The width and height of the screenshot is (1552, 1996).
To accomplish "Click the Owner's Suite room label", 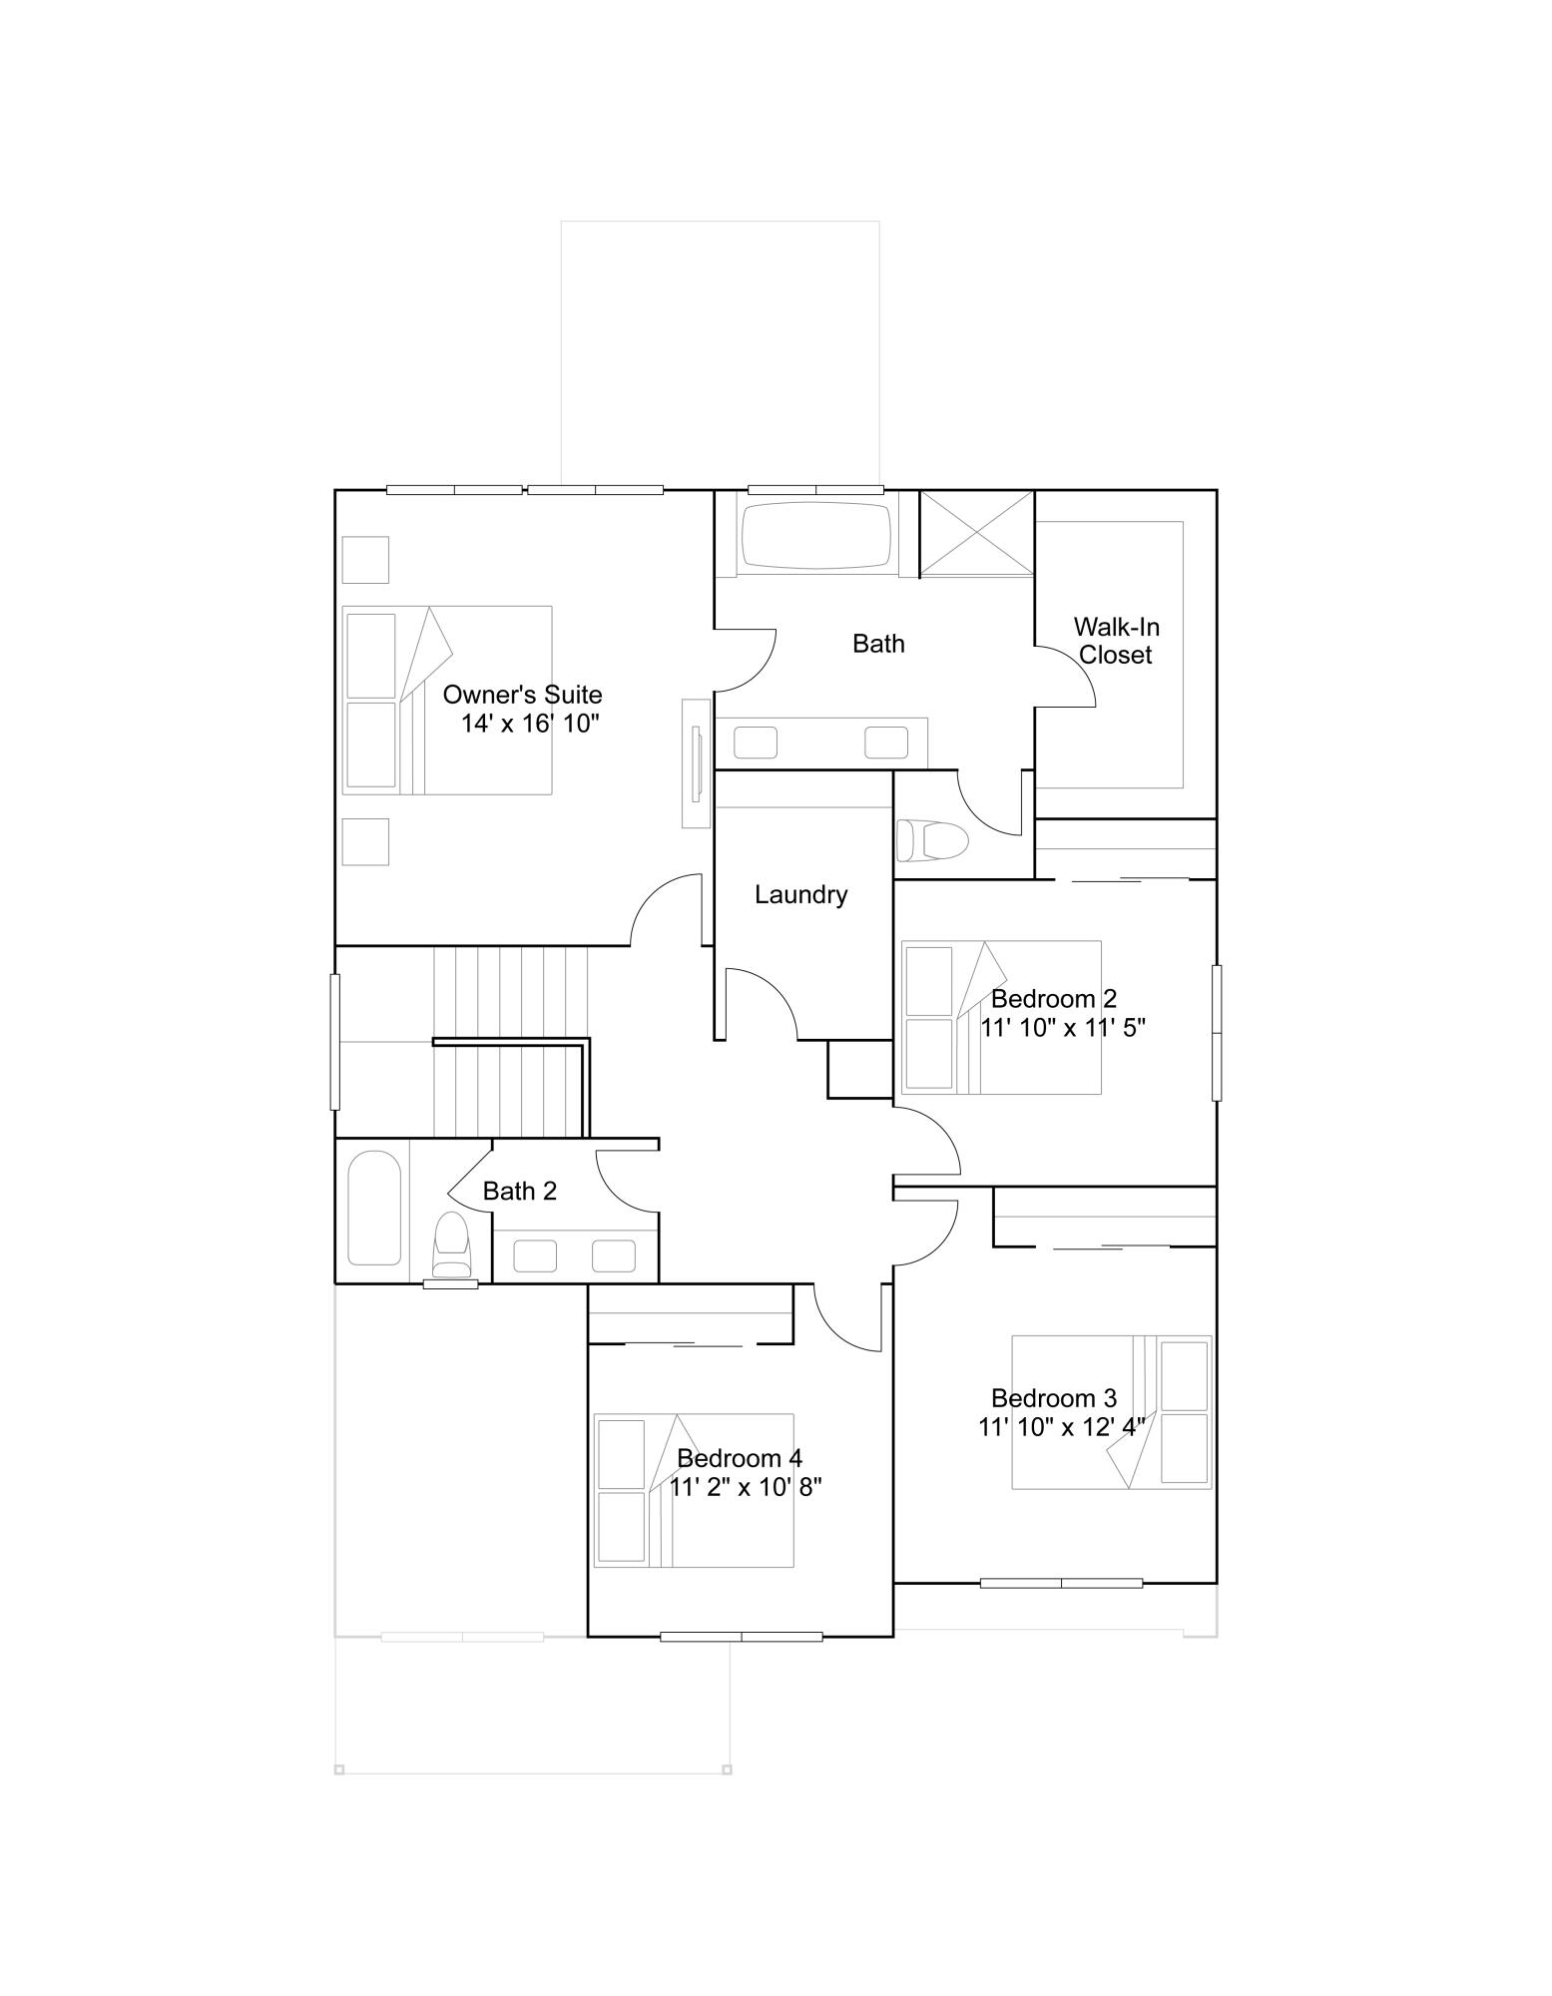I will (x=522, y=695).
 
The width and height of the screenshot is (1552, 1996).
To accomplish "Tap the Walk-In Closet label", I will (x=1116, y=641).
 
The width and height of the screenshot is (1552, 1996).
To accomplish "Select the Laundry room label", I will (x=800, y=895).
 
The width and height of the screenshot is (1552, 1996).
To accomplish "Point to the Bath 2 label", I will (x=519, y=1191).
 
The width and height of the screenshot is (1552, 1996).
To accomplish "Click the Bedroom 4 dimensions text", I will (x=745, y=1488).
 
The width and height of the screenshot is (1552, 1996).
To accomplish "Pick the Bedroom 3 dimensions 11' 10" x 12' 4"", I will (x=1061, y=1427).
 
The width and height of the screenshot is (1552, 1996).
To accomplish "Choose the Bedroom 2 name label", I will (x=1053, y=999).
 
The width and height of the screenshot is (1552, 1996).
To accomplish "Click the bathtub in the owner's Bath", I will (x=816, y=536).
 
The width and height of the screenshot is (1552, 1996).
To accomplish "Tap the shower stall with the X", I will (x=976, y=534).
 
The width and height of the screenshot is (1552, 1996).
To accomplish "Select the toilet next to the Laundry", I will (x=932, y=839).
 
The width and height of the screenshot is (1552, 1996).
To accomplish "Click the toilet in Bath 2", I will (x=451, y=1245).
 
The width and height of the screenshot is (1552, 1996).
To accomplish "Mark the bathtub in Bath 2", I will (x=374, y=1208).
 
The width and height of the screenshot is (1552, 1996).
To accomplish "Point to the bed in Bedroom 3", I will (x=1111, y=1412).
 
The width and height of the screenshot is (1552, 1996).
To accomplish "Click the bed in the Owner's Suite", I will (x=446, y=700).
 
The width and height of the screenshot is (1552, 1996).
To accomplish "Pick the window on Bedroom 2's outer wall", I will (x=1216, y=1032).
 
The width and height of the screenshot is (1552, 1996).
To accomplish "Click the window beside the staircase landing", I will (x=335, y=1041).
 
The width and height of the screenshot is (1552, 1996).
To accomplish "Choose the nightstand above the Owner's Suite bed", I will (x=365, y=559).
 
